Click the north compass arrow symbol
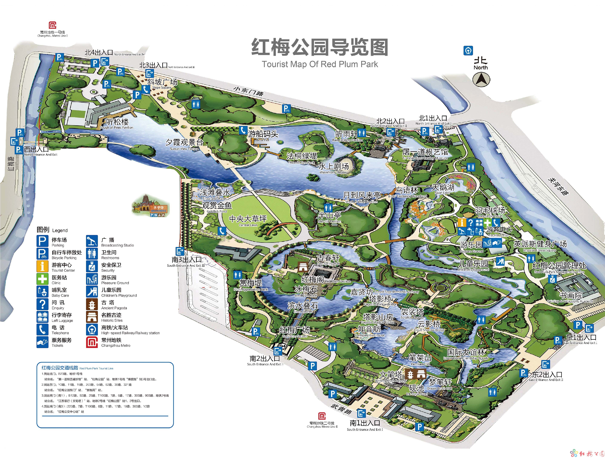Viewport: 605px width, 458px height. tap(481, 80)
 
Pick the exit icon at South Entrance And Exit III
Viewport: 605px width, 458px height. tap(180, 251)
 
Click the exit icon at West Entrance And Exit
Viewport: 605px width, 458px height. tap(14, 141)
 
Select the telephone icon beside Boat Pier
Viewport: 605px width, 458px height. tap(243, 130)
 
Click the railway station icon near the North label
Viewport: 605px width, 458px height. tap(468, 50)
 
